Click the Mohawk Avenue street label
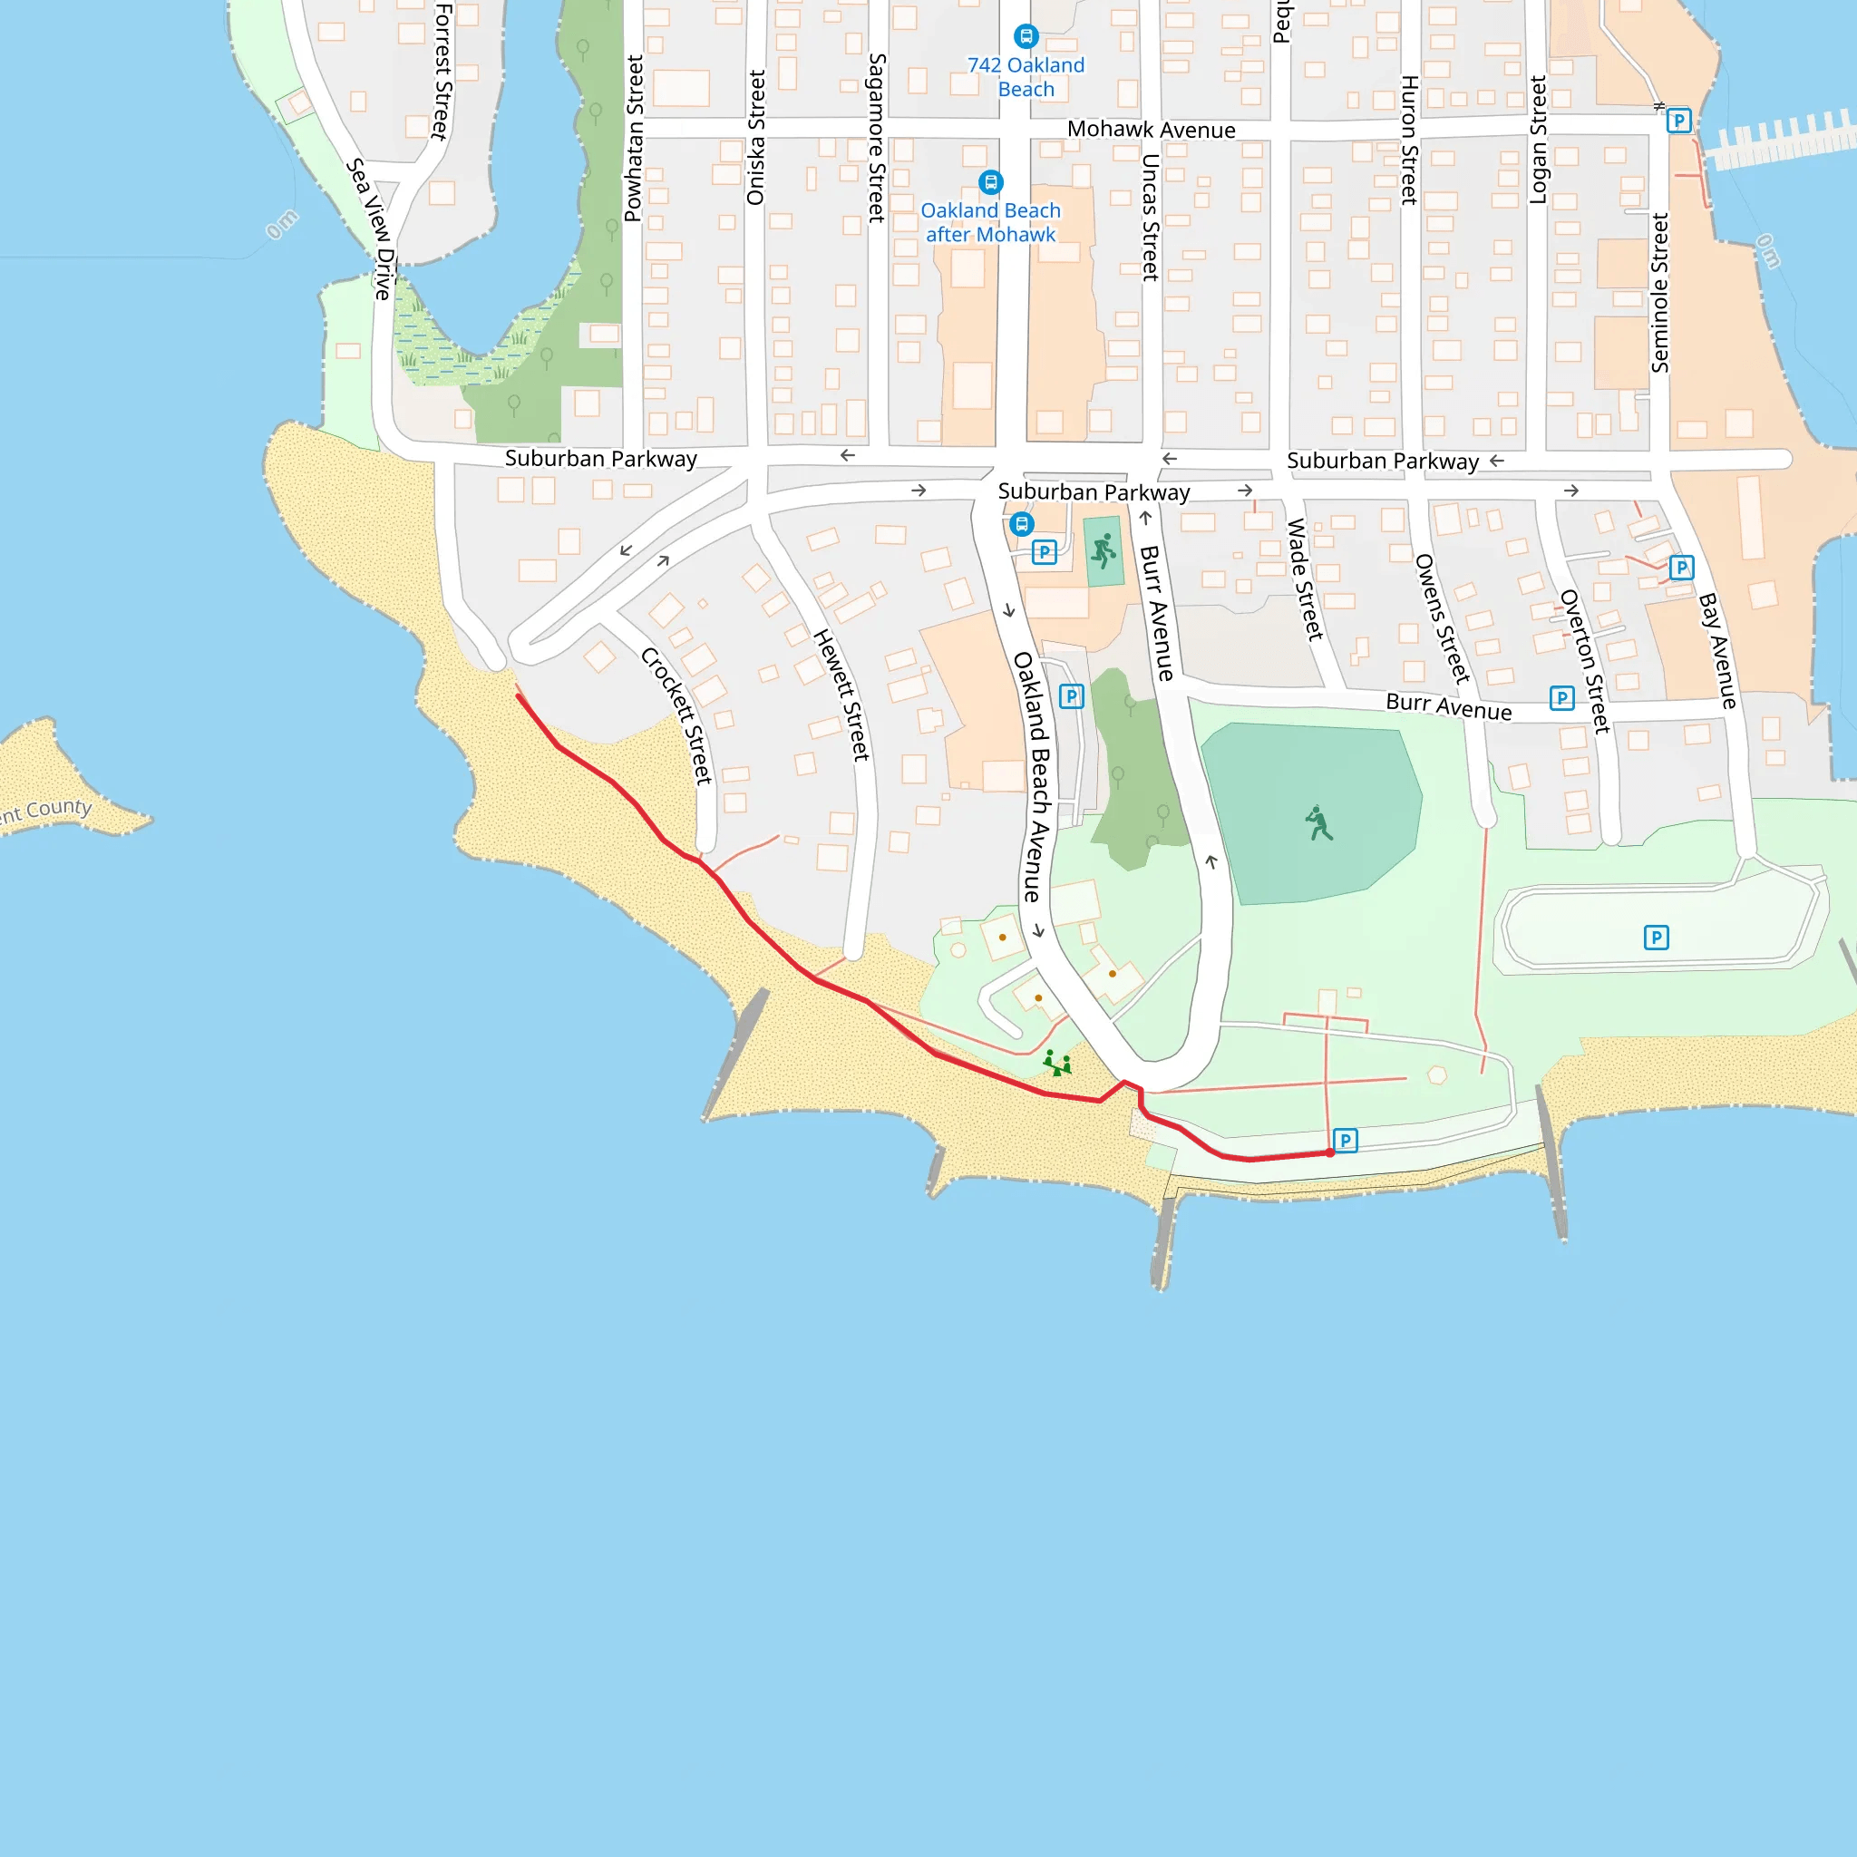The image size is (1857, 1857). (x=1151, y=130)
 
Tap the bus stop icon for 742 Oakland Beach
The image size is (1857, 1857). (x=1026, y=36)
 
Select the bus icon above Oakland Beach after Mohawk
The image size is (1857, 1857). (x=990, y=181)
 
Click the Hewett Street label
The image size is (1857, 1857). (x=842, y=695)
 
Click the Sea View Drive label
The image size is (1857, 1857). (x=370, y=228)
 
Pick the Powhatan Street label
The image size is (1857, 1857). (x=634, y=139)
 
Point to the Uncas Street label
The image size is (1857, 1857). (x=1150, y=218)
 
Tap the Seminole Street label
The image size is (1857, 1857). (x=1660, y=292)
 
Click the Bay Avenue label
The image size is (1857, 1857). (x=1717, y=651)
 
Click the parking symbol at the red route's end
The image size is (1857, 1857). (x=1346, y=1140)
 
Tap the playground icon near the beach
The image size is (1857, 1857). (x=1057, y=1062)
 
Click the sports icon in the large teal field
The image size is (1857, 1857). (x=1318, y=823)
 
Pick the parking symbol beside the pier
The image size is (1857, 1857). (x=1678, y=121)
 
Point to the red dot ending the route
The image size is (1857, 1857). (x=1329, y=1152)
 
